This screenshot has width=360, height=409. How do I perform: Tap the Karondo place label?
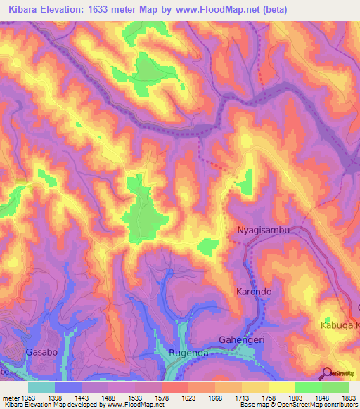point(253,291)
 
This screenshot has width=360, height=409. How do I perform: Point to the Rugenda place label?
point(188,353)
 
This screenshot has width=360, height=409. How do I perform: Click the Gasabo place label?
point(40,351)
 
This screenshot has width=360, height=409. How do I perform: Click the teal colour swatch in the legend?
point(41,387)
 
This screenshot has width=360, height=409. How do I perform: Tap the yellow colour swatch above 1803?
point(282,387)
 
